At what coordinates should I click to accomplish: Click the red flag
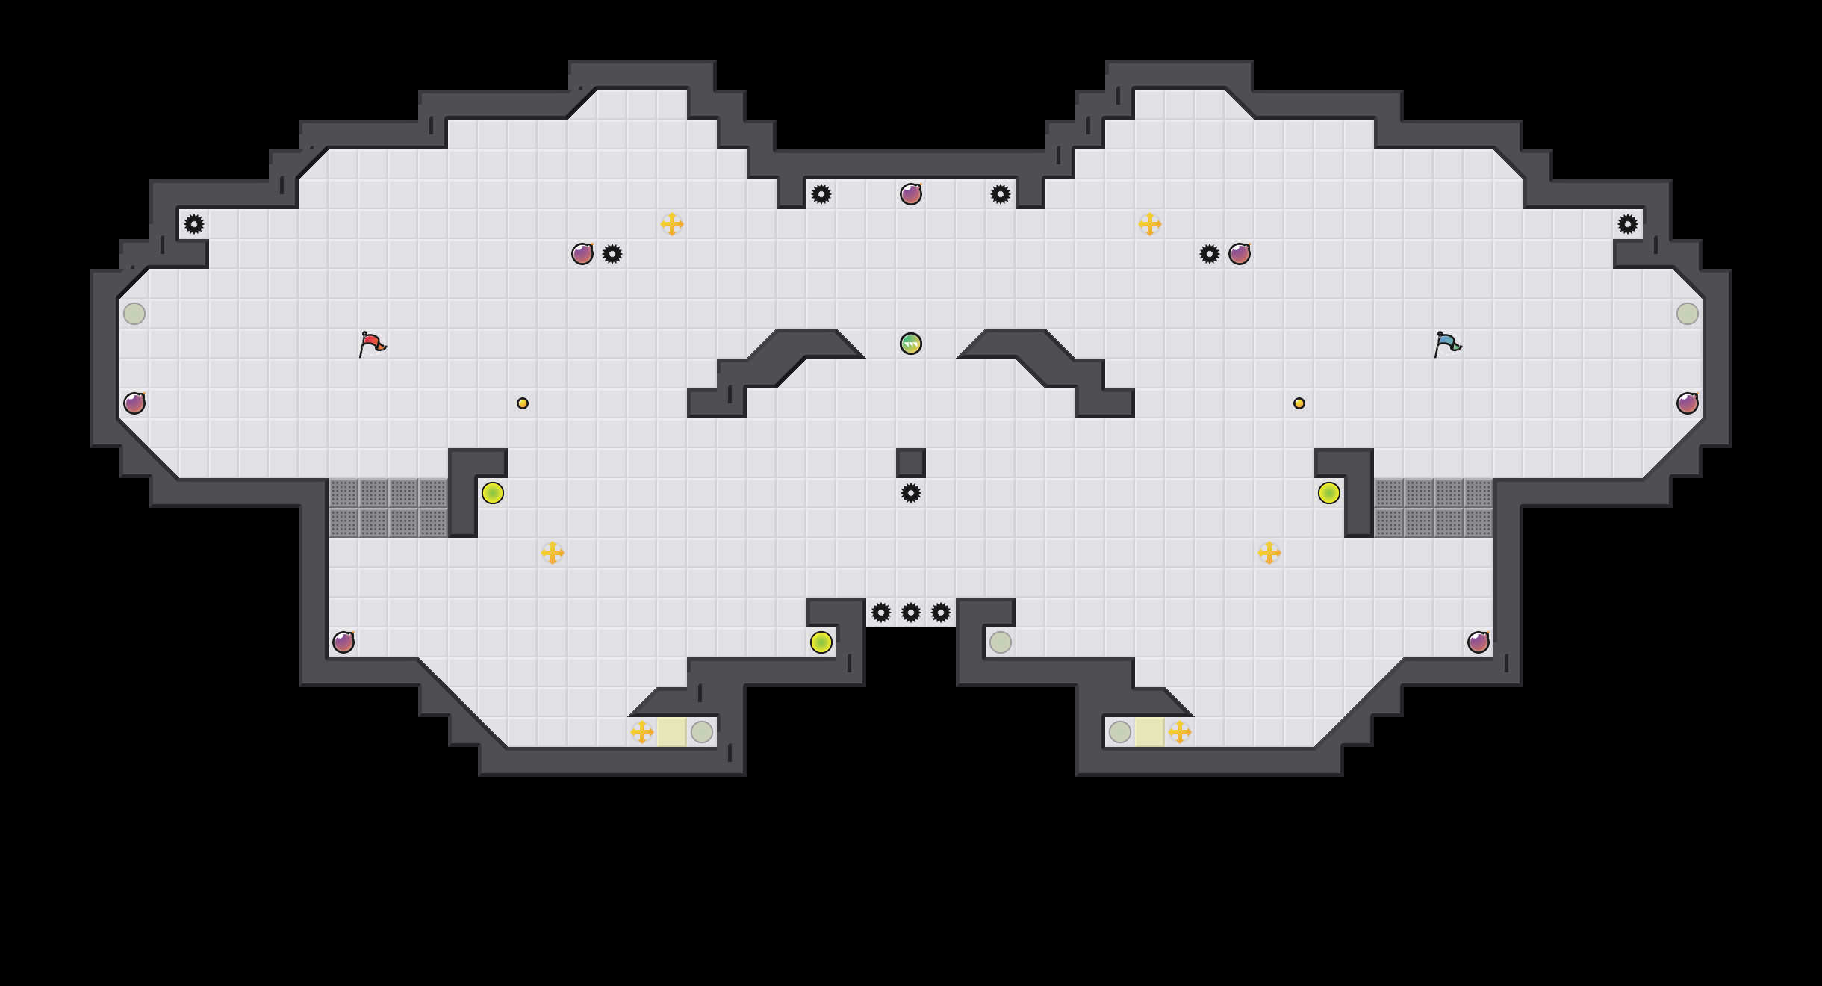(371, 344)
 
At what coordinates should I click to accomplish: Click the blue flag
(1446, 344)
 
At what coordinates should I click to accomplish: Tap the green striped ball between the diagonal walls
(911, 344)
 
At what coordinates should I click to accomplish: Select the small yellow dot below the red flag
(523, 403)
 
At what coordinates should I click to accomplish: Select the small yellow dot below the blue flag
(1299, 403)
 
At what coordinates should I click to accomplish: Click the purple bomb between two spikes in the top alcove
(911, 194)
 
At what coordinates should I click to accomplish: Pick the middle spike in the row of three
(911, 613)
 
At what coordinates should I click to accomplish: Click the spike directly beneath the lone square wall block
(911, 493)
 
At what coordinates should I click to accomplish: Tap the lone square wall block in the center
(911, 463)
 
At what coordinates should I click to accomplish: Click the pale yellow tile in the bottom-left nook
(672, 732)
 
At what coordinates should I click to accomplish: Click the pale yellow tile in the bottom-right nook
(1150, 732)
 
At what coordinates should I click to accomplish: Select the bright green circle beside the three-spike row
(821, 642)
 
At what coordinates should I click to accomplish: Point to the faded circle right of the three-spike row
(1001, 642)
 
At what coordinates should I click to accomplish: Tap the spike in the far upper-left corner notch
(194, 224)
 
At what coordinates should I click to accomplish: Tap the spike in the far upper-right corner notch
(1628, 224)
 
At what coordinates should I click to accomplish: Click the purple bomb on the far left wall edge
(134, 403)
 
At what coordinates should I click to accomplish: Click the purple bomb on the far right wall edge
(1688, 403)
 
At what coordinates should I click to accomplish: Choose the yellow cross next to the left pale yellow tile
(642, 732)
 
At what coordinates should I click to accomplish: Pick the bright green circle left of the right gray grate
(1329, 493)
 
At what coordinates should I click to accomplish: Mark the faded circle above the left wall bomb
(134, 314)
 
